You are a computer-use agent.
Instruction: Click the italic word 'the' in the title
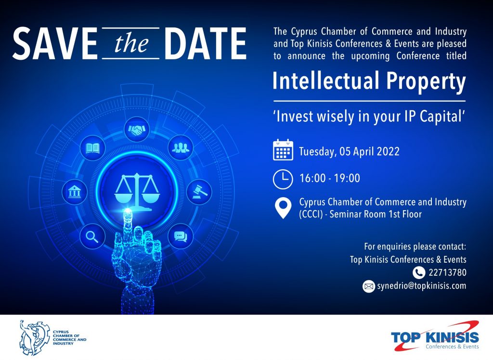[131, 43]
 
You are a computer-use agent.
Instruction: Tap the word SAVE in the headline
[55, 43]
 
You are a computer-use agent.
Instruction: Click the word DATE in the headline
[205, 43]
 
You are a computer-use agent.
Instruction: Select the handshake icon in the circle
[137, 129]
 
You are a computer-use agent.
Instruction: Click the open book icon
[92, 148]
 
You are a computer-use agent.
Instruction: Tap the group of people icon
[181, 147]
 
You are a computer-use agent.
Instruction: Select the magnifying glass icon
[92, 236]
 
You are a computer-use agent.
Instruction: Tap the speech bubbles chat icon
[181, 236]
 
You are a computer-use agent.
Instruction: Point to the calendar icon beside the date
[283, 150]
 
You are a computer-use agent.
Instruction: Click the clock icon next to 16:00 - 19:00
[283, 179]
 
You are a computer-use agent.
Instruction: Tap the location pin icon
[283, 208]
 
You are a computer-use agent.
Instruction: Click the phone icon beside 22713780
[419, 272]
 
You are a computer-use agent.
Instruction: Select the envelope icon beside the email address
[369, 286]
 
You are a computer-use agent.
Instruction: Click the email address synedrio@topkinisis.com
[422, 286]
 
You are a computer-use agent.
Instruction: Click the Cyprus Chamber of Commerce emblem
[35, 338]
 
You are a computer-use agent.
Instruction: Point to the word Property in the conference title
[426, 81]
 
